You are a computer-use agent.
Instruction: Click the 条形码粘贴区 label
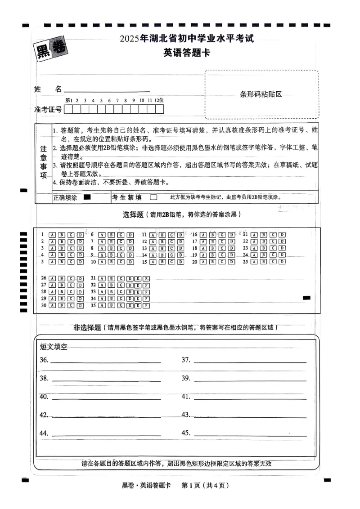pyautogui.click(x=261, y=94)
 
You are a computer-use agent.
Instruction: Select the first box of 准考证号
pyautogui.click(x=69, y=109)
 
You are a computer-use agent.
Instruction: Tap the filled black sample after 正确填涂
pyautogui.click(x=87, y=197)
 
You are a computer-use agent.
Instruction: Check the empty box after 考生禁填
pyautogui.click(x=153, y=197)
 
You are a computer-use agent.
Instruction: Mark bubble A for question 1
pyautogui.click(x=52, y=235)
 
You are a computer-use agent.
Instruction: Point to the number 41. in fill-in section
pyautogui.click(x=186, y=397)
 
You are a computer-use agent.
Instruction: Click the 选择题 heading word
pyautogui.click(x=133, y=214)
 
